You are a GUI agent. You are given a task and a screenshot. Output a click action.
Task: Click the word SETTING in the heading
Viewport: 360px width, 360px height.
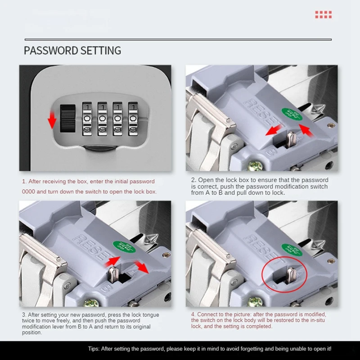(101, 50)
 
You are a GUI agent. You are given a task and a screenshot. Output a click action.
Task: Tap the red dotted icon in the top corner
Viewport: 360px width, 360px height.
(323, 14)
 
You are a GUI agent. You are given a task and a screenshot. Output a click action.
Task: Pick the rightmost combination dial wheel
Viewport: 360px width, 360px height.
(134, 119)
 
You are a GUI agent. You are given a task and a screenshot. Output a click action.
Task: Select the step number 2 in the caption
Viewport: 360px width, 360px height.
(193, 180)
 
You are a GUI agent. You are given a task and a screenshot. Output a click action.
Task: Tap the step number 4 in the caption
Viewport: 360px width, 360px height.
(193, 314)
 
